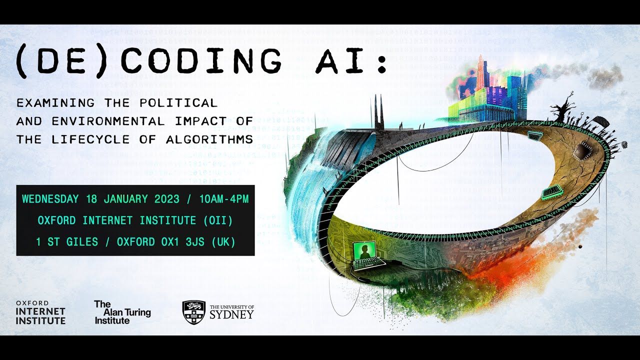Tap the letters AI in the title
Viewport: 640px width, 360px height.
coord(350,61)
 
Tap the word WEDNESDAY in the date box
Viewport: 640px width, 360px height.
coord(50,199)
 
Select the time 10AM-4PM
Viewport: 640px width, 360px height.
coord(223,199)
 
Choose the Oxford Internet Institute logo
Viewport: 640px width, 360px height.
coord(40,312)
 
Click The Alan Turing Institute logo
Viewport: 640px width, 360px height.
coord(122,312)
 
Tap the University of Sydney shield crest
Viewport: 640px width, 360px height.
coord(193,312)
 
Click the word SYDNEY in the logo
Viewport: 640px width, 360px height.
coord(231,315)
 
